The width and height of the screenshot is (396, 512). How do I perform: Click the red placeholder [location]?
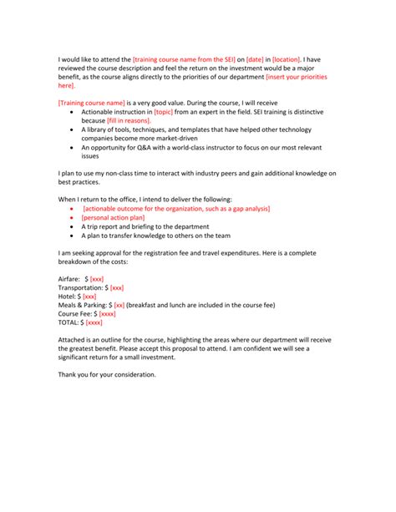click(287, 60)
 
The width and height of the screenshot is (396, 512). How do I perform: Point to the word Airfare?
click(69, 278)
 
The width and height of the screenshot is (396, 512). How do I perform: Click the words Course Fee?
click(75, 313)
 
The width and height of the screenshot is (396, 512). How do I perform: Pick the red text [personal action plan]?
click(114, 216)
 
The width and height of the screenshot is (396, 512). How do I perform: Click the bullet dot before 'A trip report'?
click(73, 226)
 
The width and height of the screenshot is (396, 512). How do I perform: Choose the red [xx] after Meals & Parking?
click(119, 305)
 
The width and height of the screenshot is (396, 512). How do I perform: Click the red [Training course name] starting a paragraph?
click(93, 102)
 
